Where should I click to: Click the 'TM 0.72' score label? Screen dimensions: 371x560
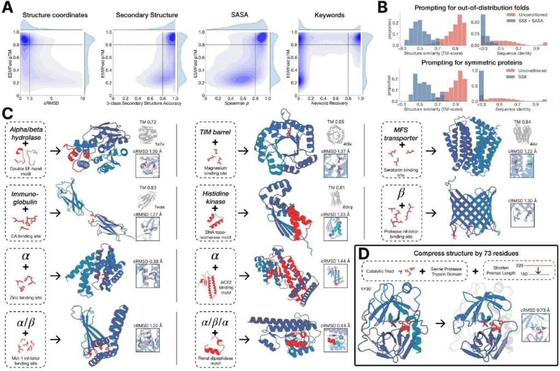148,119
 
